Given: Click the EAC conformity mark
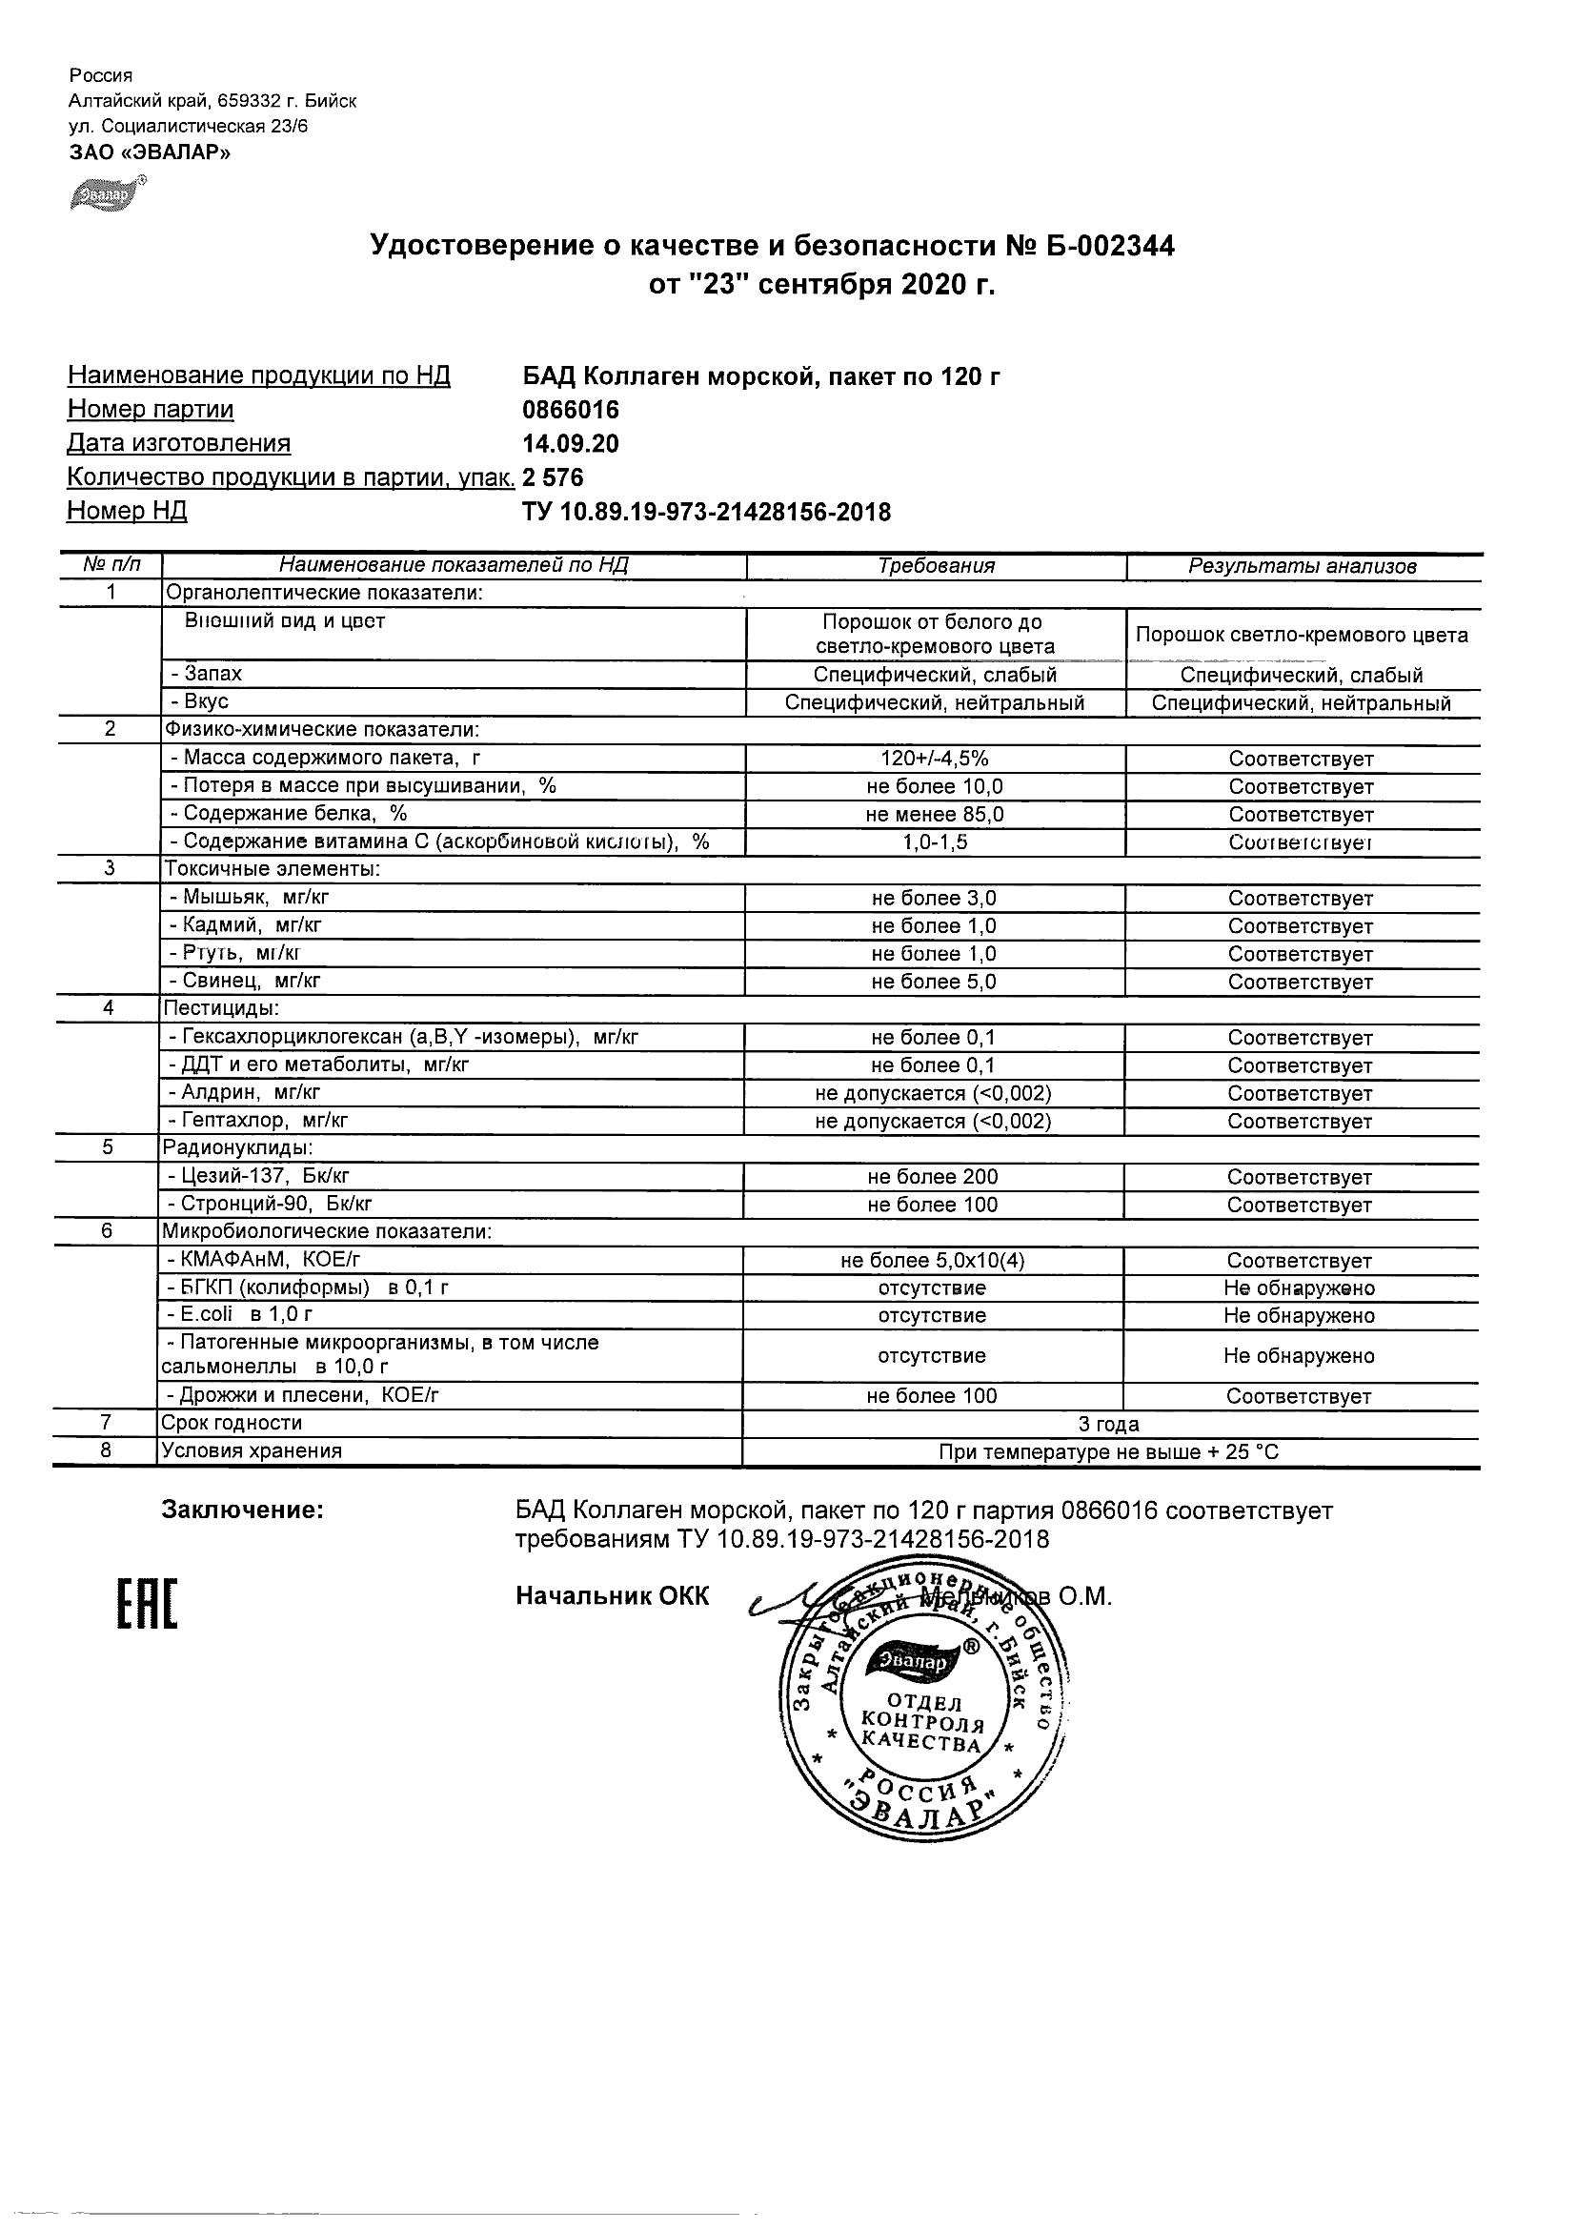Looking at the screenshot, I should click(148, 1604).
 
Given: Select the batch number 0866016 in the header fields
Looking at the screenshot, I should click(571, 410).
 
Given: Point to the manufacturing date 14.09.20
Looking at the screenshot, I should click(571, 444).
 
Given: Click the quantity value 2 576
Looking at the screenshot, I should click(554, 476).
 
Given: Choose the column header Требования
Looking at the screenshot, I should click(936, 566).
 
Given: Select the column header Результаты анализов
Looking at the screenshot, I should click(1303, 566).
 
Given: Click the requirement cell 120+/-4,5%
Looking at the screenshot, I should click(934, 759).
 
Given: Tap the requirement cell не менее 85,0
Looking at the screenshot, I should click(934, 815).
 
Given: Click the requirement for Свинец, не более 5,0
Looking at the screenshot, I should click(934, 982).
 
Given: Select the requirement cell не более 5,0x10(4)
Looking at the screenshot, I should click(932, 1261).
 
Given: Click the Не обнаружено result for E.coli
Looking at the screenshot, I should click(1300, 1316).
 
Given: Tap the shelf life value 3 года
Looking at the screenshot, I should click(1109, 1424).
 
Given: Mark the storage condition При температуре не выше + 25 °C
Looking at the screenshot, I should click(1109, 1452).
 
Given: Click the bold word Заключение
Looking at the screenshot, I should click(243, 1510).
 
